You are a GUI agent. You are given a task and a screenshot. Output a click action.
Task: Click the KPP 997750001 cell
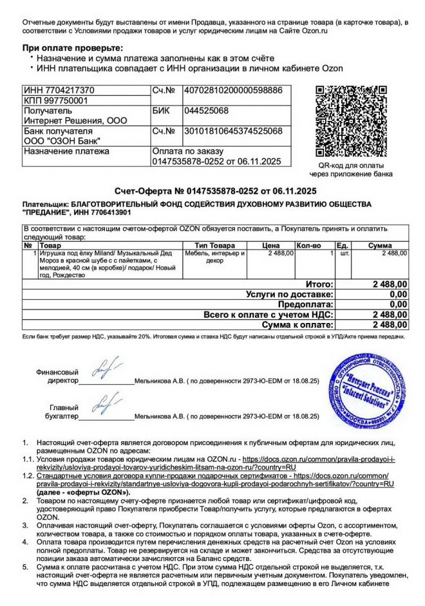pyautogui.click(x=57, y=100)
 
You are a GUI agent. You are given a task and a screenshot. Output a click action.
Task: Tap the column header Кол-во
pyautogui.click(x=308, y=246)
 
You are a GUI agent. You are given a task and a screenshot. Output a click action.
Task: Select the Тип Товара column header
pyautogui.click(x=215, y=246)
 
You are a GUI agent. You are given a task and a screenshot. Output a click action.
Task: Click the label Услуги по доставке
pyautogui.click(x=290, y=294)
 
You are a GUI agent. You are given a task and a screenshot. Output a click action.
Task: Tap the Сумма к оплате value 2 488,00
pyautogui.click(x=390, y=325)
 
